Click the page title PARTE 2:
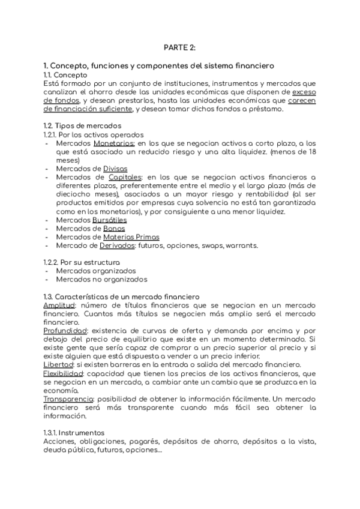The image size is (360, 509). pos(179,47)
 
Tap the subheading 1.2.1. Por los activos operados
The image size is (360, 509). pos(93,135)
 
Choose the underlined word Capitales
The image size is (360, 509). pos(125,178)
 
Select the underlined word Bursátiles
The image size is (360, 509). pos(110,220)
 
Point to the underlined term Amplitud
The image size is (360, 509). pos(59,305)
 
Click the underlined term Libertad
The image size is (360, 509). pos(57,365)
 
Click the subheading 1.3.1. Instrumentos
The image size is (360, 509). pos(74,433)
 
